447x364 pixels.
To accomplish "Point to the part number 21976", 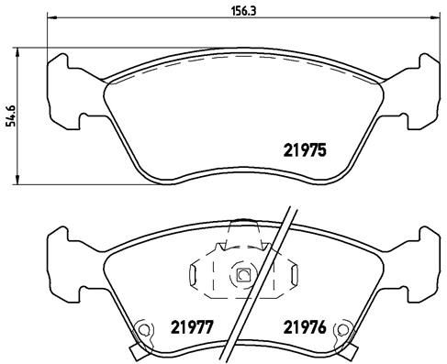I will [304, 325].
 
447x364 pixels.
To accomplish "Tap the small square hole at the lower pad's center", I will [243, 273].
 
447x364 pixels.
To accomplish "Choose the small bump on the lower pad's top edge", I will [243, 222].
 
